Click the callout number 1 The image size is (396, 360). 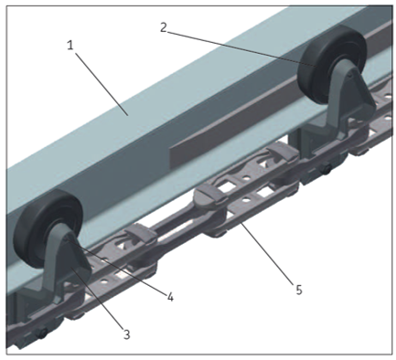point(70,46)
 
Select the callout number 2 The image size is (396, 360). point(164,27)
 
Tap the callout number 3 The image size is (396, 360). point(126,334)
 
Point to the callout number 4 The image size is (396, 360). point(170,297)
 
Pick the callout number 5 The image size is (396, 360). point(299,290)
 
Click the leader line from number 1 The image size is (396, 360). point(102,84)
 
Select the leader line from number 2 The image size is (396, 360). point(241,48)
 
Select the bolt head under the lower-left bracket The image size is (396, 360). point(41,333)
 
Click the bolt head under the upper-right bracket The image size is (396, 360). point(326,168)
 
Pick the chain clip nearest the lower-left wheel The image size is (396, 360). point(141,234)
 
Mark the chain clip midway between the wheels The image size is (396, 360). point(211,195)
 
